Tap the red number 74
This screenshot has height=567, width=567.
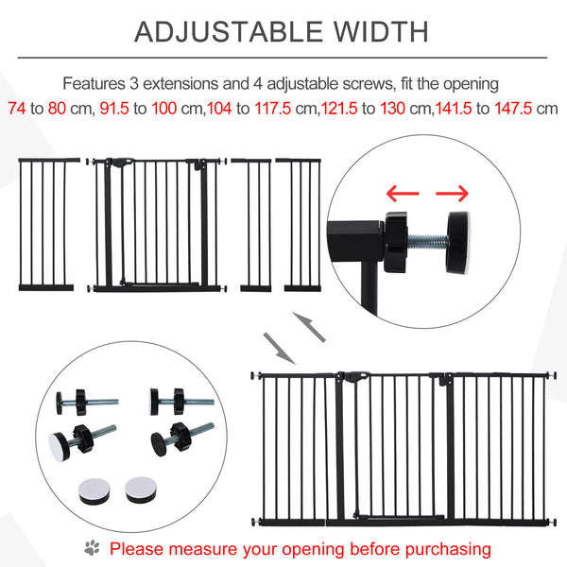(x=16, y=108)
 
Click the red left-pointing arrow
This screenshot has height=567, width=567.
(x=401, y=194)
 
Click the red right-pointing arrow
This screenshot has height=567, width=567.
(x=451, y=194)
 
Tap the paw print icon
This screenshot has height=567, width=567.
(x=92, y=547)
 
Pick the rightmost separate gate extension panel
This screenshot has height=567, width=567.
(x=303, y=224)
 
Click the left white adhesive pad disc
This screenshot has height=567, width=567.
(x=92, y=490)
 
